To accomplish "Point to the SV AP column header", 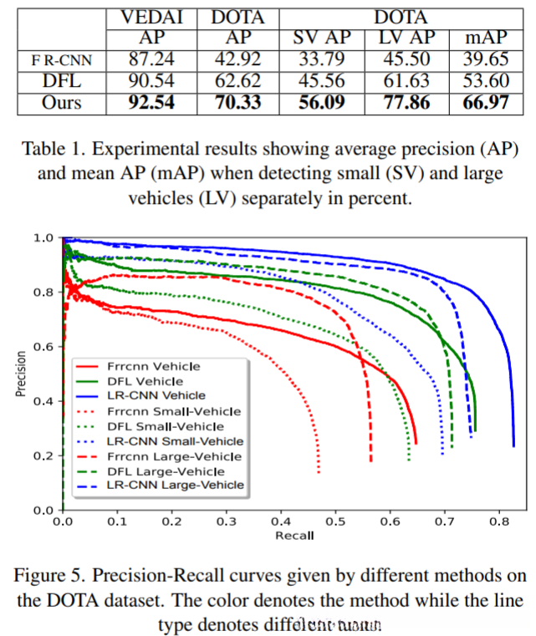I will click(321, 39).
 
